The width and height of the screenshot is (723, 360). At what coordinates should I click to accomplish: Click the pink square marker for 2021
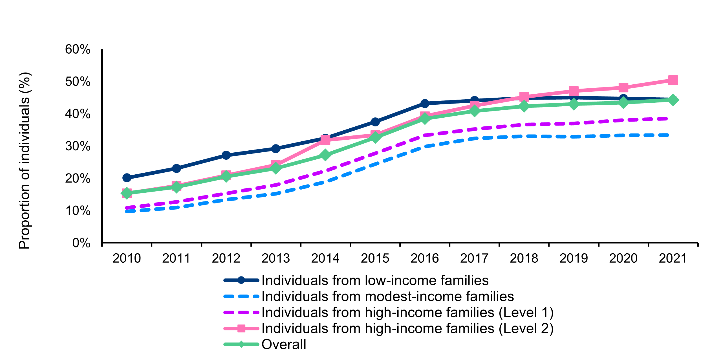pos(673,80)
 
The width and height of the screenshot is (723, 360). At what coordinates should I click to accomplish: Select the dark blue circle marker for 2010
pos(127,178)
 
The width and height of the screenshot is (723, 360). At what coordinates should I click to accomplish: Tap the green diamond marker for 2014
pos(325,155)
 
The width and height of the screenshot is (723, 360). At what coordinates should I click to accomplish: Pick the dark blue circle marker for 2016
pos(425,103)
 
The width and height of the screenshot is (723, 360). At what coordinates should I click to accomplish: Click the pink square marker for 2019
pos(574,91)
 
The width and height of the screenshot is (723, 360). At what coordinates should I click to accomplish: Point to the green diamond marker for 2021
pos(673,100)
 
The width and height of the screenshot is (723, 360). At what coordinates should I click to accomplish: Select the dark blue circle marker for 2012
pos(226,155)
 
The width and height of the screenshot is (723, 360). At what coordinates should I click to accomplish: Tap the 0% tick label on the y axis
pos(81,243)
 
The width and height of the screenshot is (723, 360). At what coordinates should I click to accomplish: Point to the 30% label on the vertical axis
pos(78,146)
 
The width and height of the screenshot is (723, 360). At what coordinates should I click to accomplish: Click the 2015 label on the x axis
pos(375,258)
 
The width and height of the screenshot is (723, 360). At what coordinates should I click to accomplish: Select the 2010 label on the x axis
pos(127,258)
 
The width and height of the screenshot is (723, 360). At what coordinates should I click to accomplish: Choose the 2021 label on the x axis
pos(673,258)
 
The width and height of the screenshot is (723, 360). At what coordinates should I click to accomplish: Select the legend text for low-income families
pos(375,280)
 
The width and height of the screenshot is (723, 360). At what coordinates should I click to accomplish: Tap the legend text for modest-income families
pos(387,297)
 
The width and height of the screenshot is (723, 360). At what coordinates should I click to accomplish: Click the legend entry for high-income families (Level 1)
pos(407,313)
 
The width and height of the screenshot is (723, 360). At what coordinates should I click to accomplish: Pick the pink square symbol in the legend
pos(241,328)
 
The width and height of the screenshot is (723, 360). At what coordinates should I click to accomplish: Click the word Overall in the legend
pos(284,344)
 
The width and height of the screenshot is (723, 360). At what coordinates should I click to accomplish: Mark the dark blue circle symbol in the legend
pos(241,280)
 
